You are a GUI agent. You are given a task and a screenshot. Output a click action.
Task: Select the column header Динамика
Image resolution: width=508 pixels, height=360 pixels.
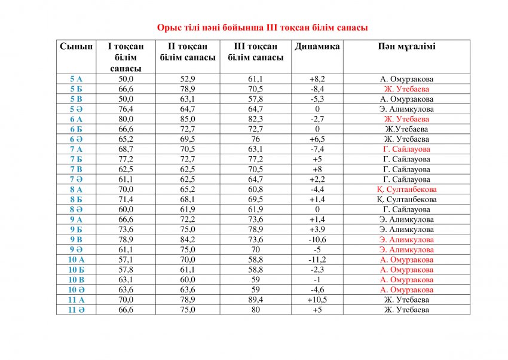tap(317, 47)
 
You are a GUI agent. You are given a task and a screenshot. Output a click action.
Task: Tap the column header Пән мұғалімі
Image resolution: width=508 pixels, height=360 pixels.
tap(406, 47)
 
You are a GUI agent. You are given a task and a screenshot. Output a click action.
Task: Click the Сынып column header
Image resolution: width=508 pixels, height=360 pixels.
tap(76, 47)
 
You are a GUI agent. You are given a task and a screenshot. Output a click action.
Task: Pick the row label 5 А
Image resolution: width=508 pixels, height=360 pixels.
tap(76, 79)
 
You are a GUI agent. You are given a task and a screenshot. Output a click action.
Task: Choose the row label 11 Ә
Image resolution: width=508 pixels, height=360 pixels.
tap(76, 310)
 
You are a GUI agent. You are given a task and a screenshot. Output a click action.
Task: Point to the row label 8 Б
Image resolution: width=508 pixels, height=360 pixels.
tap(76, 199)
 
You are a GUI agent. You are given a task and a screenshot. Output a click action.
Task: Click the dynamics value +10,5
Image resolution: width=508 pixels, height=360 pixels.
tap(317, 300)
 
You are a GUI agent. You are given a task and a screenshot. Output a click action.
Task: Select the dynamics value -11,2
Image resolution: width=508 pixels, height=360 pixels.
tap(317, 260)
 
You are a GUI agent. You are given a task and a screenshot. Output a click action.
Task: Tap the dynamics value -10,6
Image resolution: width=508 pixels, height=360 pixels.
tap(317, 239)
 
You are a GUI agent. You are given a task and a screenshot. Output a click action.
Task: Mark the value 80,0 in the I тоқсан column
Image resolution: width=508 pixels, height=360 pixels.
tap(126, 119)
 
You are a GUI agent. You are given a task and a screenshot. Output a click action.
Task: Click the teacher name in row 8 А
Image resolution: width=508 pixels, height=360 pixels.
tap(406, 189)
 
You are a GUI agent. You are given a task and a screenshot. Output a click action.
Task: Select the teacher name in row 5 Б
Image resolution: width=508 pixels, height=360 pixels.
tap(406, 89)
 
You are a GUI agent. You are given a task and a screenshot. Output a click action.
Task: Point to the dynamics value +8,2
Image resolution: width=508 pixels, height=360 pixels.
tap(317, 79)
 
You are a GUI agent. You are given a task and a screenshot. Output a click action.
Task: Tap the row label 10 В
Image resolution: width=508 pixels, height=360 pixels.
tap(76, 279)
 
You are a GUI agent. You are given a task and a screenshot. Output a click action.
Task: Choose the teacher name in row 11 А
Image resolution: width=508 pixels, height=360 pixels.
tap(406, 300)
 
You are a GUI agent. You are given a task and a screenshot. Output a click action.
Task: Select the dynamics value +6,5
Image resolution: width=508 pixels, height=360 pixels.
tap(317, 139)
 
